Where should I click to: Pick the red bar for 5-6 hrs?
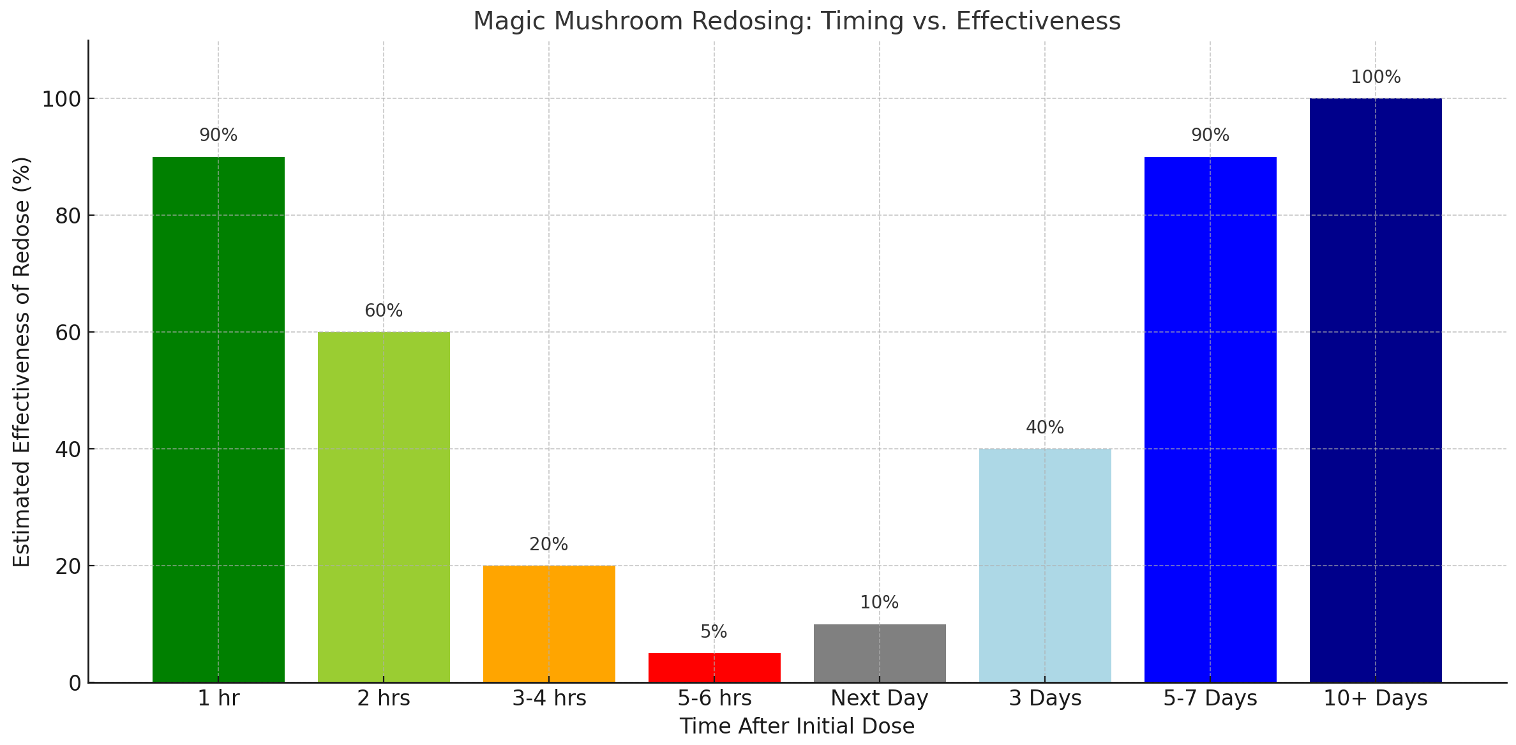point(714,668)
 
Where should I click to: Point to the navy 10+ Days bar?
point(1376,390)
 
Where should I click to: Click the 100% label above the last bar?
point(1376,77)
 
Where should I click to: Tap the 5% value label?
point(714,632)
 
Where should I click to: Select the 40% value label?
point(1045,428)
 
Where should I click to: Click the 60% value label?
point(384,311)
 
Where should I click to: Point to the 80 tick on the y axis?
point(68,216)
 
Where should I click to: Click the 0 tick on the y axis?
point(75,684)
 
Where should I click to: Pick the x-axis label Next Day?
point(880,698)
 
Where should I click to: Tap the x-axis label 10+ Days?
point(1376,698)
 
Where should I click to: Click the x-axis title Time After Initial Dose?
point(797,726)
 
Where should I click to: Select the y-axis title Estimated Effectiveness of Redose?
point(22,361)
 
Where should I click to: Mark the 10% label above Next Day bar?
point(879,603)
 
